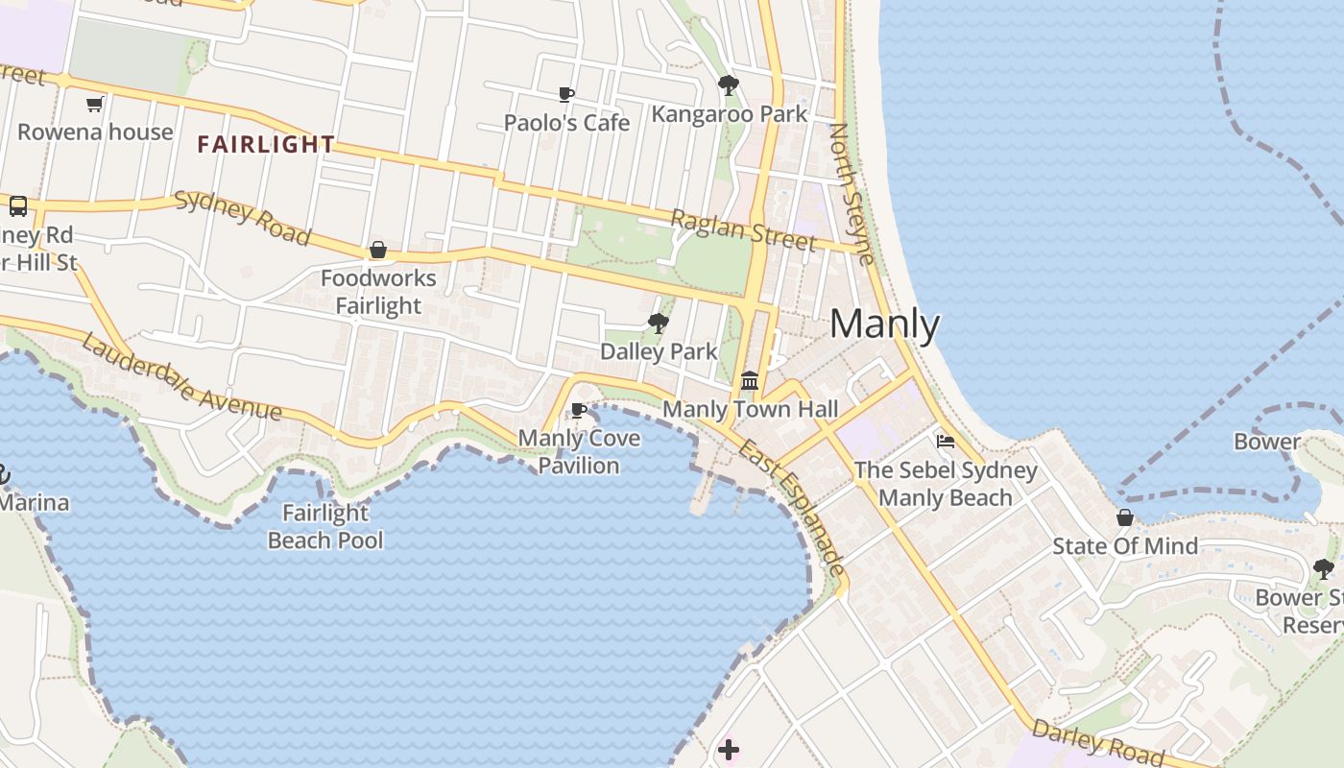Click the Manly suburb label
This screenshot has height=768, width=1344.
point(884,324)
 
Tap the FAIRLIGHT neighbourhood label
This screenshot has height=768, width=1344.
point(266,145)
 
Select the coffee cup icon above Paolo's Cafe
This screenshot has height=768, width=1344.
point(566,94)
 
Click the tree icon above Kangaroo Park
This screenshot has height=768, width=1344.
point(729,85)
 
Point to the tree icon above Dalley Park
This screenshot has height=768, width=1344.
point(658,323)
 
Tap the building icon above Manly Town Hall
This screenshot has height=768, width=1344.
point(750,380)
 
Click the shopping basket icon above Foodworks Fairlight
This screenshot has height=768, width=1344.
point(378,251)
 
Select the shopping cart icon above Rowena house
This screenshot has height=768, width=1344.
point(94,104)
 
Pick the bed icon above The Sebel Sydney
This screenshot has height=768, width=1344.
point(946,442)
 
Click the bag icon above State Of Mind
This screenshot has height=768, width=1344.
point(1125,518)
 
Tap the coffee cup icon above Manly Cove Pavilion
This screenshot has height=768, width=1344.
point(579,411)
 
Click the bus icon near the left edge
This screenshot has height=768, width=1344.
point(18,206)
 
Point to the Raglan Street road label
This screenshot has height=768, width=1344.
point(742,230)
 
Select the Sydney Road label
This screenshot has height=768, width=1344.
point(243,217)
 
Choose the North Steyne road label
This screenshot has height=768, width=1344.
point(852,193)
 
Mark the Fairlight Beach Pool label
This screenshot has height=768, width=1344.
point(325,527)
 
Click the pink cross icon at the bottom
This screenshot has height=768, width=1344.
point(729,750)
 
